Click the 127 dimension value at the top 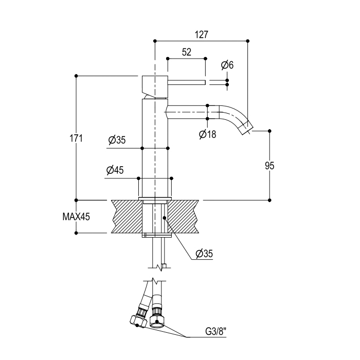(x=202, y=34)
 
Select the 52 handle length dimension (x=186, y=52)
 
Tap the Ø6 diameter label (x=227, y=65)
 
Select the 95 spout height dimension (x=269, y=166)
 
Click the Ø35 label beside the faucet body (x=117, y=140)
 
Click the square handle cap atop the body (x=154, y=85)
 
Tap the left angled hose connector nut (x=137, y=318)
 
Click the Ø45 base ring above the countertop (x=155, y=187)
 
